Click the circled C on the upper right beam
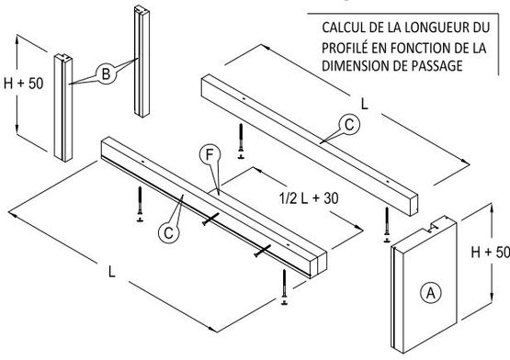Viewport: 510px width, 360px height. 346,126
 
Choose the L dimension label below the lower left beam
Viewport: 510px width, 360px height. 109,271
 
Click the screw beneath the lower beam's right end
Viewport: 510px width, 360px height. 286,288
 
